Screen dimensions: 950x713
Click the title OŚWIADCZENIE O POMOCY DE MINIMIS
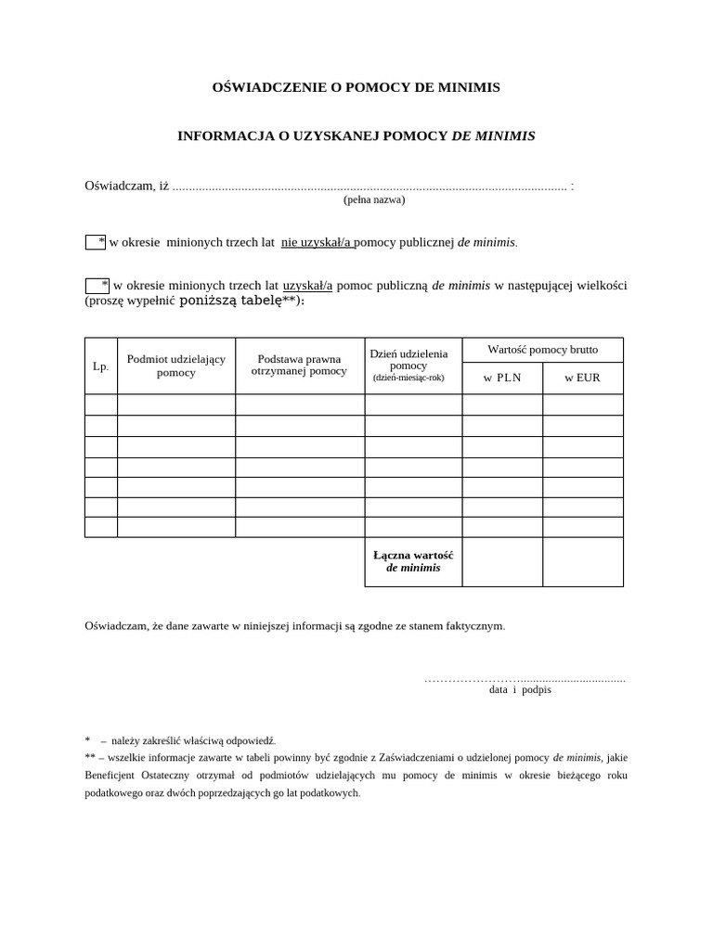tap(356, 87)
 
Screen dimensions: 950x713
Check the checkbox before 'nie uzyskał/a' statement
tap(95, 242)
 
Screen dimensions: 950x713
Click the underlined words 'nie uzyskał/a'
tap(317, 242)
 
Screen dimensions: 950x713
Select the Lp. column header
tap(101, 366)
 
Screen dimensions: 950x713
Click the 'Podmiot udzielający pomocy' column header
tap(176, 366)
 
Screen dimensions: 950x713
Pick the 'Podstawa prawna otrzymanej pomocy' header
tap(299, 365)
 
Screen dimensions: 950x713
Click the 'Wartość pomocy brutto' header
tap(542, 350)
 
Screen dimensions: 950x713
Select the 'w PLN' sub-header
tap(502, 378)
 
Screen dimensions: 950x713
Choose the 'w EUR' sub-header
tap(582, 378)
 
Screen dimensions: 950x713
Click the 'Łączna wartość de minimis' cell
tap(413, 561)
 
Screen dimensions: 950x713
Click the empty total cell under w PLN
tap(502, 561)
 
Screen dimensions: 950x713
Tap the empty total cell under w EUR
tap(582, 561)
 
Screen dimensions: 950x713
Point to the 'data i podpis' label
tap(520, 690)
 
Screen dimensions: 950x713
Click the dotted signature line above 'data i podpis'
tap(525, 679)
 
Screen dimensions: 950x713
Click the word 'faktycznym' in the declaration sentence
tap(474, 626)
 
